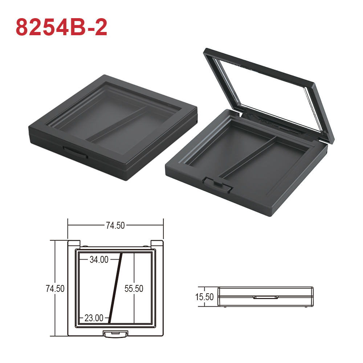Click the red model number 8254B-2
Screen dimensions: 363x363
click(x=61, y=27)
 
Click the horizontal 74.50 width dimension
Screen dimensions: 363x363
click(x=115, y=225)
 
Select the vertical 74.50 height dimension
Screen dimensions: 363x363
click(x=55, y=289)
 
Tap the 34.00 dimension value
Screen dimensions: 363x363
click(x=99, y=260)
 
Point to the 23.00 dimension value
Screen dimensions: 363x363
click(x=94, y=318)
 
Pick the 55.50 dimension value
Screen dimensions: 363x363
click(x=134, y=289)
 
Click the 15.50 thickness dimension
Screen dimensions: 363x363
click(x=204, y=297)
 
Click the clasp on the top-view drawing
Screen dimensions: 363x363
click(x=115, y=334)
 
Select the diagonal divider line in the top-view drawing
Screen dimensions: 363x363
click(x=115, y=288)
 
